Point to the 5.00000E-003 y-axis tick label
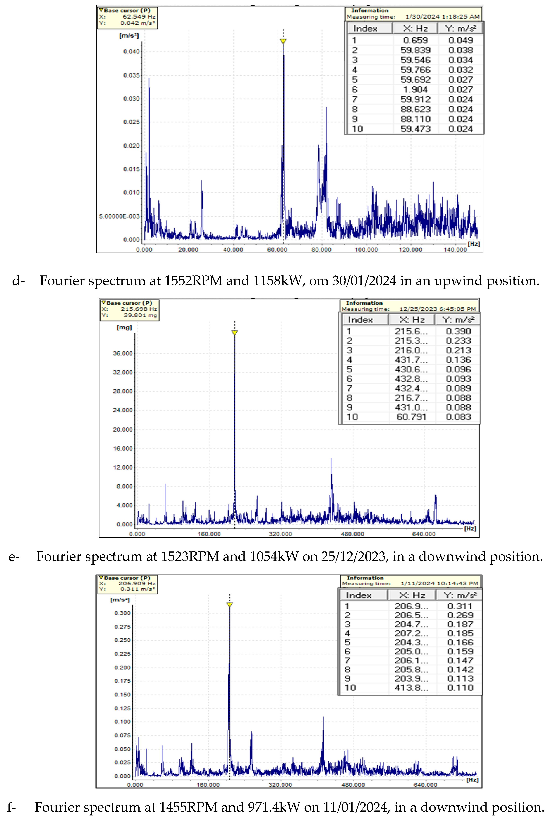tap(119, 216)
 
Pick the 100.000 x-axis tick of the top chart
tap(366, 250)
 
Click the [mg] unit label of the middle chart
tap(124, 327)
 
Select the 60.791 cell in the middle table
tap(411, 417)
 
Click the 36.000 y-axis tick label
tap(123, 353)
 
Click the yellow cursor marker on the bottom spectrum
tap(230, 605)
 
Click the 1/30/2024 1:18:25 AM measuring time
tap(442, 17)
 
